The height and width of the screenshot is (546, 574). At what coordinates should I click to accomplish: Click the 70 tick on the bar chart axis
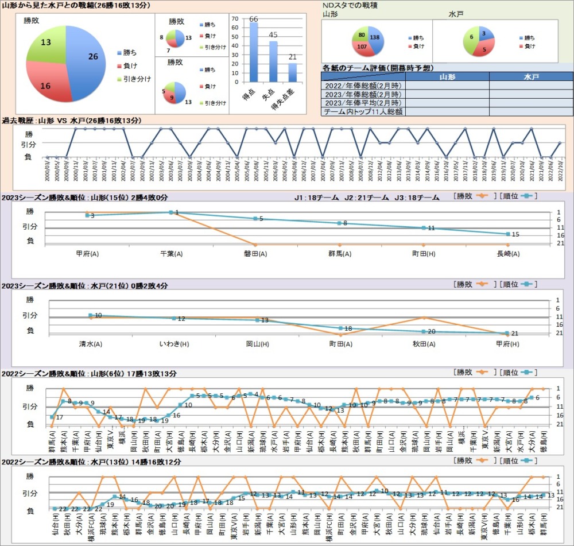(234, 18)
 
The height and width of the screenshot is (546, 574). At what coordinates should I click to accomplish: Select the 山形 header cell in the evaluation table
(447, 76)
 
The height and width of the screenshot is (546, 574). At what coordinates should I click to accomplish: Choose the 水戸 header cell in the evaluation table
(531, 76)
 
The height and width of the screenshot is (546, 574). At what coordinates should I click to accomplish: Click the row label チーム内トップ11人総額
(363, 111)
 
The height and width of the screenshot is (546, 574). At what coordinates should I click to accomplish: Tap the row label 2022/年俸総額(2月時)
(363, 86)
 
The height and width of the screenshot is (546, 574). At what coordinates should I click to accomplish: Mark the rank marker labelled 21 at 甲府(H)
(507, 334)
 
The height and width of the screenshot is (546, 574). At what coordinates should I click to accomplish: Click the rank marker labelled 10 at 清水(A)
(90, 315)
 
